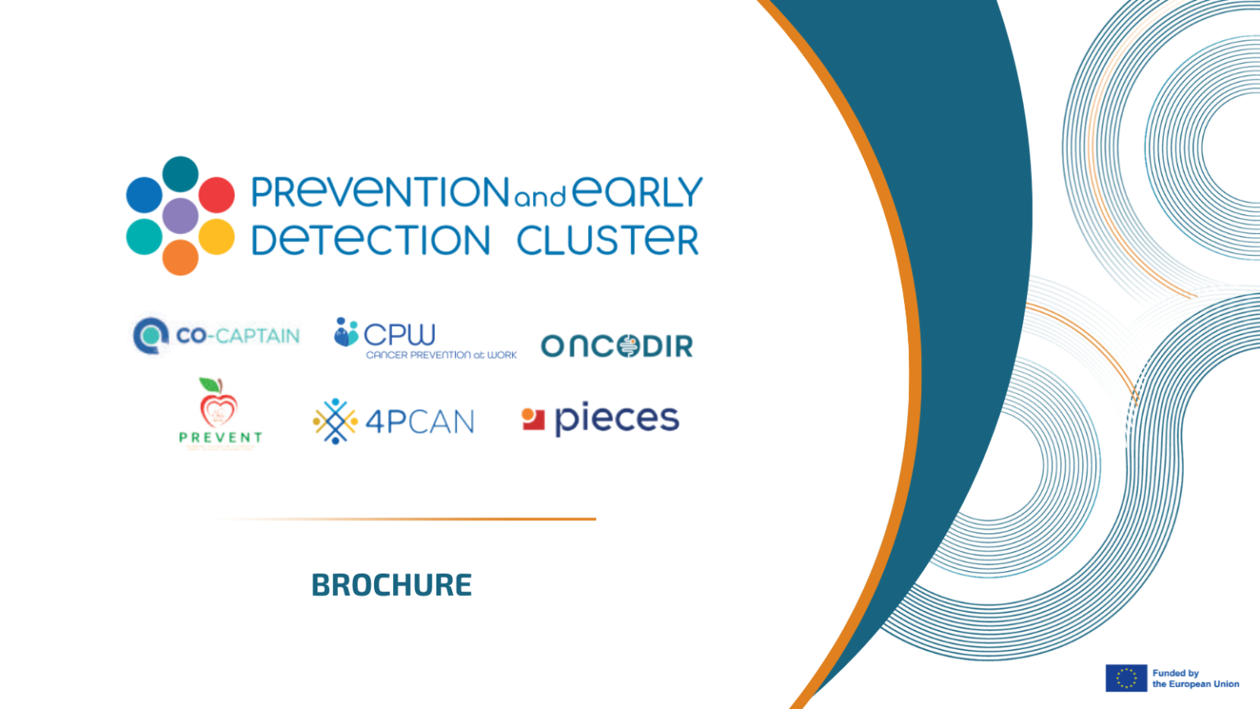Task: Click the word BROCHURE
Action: tap(391, 585)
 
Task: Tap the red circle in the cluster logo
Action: tap(217, 194)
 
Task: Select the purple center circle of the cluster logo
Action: tap(180, 216)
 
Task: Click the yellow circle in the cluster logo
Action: tap(217, 236)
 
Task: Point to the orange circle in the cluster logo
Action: tap(180, 258)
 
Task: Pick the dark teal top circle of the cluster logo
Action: tap(180, 174)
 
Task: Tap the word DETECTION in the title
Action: tap(371, 240)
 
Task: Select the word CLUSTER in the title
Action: tap(607, 240)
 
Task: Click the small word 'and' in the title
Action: tap(540, 198)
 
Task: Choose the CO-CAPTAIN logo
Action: tap(217, 336)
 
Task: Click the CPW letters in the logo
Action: tap(399, 334)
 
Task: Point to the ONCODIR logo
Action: tap(617, 346)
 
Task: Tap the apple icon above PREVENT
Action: tap(218, 403)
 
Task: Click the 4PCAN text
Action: tap(419, 422)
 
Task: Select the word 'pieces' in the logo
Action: tap(617, 419)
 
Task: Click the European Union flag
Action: tap(1125, 679)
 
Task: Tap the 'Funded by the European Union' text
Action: tap(1195, 679)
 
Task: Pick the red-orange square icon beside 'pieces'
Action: tap(533, 419)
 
